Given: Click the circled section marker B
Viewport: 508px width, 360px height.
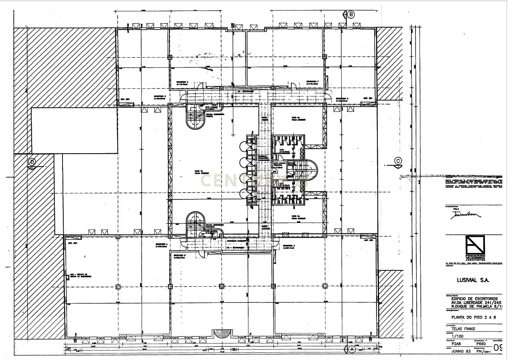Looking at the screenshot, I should [x=351, y=15].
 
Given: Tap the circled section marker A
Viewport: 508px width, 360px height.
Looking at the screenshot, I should [x=351, y=349].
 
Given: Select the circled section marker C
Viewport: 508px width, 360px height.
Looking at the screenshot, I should [x=398, y=161].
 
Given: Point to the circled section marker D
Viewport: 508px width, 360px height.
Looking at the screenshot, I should [x=32, y=162].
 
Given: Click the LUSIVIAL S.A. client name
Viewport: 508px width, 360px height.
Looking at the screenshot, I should [x=467, y=280].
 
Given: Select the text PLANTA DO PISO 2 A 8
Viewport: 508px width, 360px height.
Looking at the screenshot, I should [x=471, y=318].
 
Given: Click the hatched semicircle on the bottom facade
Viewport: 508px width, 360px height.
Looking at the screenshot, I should [x=223, y=334].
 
